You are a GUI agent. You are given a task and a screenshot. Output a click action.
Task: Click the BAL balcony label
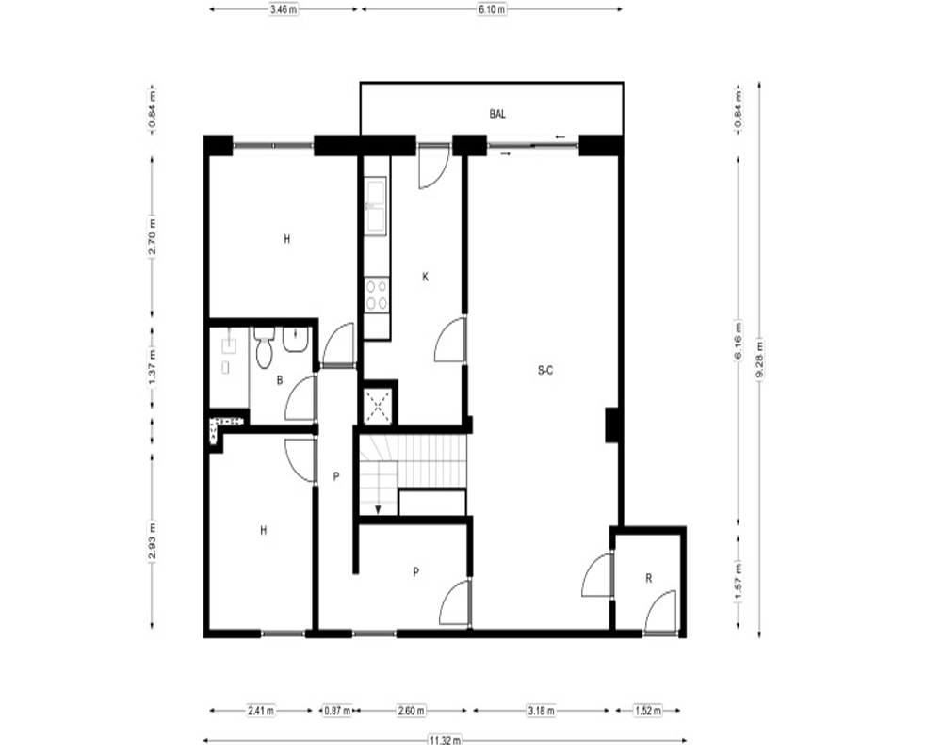click(496, 114)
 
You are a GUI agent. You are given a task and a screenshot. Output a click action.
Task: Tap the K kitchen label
click(426, 277)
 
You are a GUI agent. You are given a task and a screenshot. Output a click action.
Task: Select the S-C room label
click(544, 371)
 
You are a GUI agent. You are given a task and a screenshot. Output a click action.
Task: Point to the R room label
click(649, 578)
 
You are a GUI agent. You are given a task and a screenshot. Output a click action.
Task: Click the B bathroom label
click(280, 380)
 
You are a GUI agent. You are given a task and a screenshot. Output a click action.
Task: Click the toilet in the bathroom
click(264, 347)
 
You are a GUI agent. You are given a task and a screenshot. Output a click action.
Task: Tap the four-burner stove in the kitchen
click(377, 296)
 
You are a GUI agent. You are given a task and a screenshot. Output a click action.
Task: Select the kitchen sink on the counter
click(377, 204)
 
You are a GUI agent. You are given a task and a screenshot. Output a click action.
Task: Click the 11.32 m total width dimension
click(446, 741)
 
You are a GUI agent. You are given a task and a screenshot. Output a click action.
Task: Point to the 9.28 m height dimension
click(759, 359)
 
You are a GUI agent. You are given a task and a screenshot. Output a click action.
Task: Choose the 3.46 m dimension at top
click(284, 9)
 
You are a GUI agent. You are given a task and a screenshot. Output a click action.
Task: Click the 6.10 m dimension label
click(492, 9)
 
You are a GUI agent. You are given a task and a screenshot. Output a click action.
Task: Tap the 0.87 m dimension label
click(336, 711)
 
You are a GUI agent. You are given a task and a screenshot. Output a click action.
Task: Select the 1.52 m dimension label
click(648, 711)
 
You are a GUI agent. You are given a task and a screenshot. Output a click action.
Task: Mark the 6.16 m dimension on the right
click(739, 341)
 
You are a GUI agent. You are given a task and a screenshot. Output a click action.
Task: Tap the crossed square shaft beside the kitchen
click(379, 406)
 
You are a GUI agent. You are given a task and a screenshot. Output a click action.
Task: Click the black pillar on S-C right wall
click(613, 425)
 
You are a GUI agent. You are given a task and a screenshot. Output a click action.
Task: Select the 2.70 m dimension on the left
click(153, 235)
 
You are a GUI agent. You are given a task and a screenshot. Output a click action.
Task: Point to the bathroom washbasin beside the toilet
click(295, 341)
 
